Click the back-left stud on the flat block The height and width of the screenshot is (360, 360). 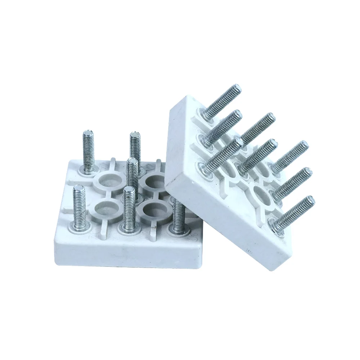click(x=88, y=149)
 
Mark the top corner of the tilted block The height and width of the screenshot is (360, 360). click(x=185, y=96)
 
